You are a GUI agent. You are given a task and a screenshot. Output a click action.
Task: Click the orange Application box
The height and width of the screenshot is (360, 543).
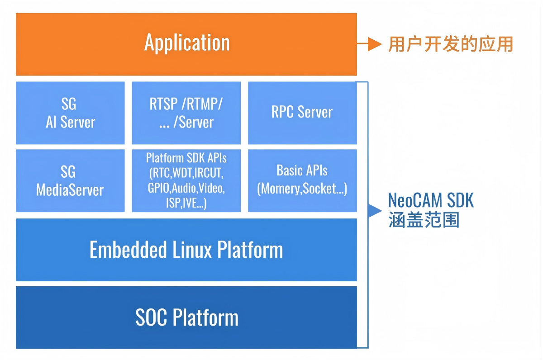(186, 44)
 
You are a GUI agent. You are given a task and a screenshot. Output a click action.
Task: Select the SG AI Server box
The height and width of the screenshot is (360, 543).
(70, 113)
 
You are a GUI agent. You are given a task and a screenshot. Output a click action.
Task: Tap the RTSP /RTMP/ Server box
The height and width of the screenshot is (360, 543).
(186, 113)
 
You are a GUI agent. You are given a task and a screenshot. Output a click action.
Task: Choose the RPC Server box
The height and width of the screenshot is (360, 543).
(302, 113)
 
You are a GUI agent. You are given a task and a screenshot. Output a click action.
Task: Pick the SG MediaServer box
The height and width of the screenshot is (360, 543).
(70, 181)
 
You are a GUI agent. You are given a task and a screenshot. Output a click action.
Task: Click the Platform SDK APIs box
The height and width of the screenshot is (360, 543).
(186, 181)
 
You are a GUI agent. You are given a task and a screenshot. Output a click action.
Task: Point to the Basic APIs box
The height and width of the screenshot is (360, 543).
(302, 181)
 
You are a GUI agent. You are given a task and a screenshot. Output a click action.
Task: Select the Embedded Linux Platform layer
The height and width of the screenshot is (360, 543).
(186, 250)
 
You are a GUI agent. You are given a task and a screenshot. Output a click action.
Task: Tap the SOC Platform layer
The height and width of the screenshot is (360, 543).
(186, 317)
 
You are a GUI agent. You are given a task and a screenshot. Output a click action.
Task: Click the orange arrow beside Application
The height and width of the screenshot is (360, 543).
(369, 44)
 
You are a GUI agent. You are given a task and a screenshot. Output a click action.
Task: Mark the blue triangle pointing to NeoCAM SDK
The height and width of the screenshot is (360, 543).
(375, 211)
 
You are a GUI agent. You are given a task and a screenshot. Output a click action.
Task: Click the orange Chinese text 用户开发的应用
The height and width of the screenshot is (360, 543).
(450, 44)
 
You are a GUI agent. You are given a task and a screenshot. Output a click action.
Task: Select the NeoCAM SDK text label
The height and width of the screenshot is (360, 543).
(431, 200)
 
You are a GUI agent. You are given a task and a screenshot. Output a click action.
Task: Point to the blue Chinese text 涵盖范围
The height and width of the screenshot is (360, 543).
(424, 220)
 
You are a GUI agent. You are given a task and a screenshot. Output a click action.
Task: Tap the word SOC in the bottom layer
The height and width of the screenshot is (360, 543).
(151, 317)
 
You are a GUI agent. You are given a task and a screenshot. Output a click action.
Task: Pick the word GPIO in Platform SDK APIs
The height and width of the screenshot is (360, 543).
(158, 188)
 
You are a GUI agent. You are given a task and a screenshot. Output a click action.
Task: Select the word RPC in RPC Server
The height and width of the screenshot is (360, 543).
(282, 112)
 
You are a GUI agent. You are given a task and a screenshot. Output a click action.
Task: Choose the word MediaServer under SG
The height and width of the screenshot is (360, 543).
(70, 190)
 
